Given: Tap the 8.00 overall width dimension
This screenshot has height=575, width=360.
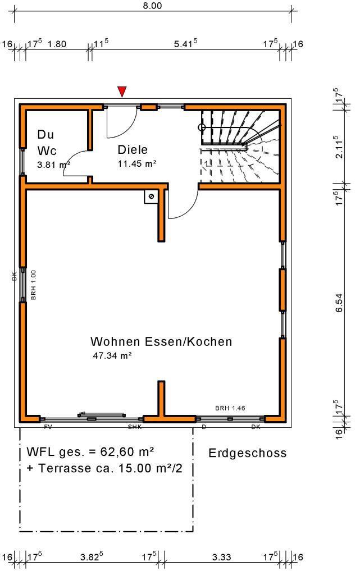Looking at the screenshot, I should click(152, 6).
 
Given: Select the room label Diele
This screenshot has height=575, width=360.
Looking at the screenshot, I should click(133, 149).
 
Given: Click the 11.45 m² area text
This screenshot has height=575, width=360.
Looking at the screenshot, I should click(136, 164).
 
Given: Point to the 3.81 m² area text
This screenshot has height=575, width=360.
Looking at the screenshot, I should click(53, 165).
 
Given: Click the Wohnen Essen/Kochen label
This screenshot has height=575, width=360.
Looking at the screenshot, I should click(161, 341).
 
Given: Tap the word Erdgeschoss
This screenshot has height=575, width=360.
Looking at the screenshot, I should click(248, 453).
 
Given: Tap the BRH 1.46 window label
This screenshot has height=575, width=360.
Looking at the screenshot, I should click(230, 408).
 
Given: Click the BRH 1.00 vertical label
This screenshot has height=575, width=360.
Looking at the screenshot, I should click(34, 285).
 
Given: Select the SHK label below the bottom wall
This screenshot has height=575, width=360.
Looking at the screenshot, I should click(135, 427).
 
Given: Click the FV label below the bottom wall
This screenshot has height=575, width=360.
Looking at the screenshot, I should click(48, 427).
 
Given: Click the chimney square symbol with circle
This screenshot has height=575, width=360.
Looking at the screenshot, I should click(151, 196).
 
